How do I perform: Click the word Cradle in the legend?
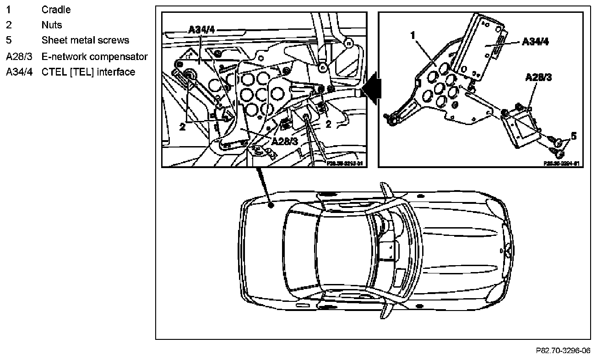coord(56,10)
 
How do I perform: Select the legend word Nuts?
coord(51,25)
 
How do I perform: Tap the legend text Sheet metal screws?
coord(85,40)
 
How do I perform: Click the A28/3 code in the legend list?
coord(19,56)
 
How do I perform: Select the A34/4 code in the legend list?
coord(19,72)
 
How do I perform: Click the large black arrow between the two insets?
coord(372,87)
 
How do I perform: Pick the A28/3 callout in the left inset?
coord(284,141)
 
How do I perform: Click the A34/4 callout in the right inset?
coord(535,42)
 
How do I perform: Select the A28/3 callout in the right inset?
coord(538,77)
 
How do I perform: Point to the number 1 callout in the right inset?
coord(413,35)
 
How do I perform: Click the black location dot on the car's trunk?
coord(271,206)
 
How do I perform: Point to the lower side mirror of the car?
coord(386,313)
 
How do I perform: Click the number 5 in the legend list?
coord(8,40)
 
